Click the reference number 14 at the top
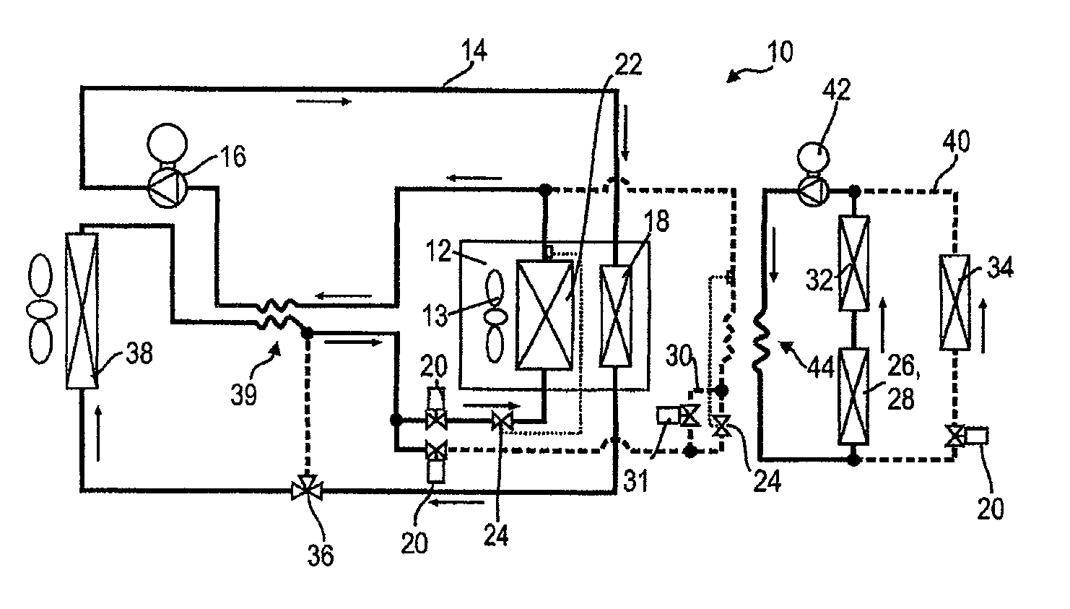[x=474, y=51]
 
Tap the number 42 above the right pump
[x=836, y=90]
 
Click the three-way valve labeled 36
[x=307, y=489]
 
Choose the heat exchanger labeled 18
[x=616, y=316]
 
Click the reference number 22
[x=628, y=64]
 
